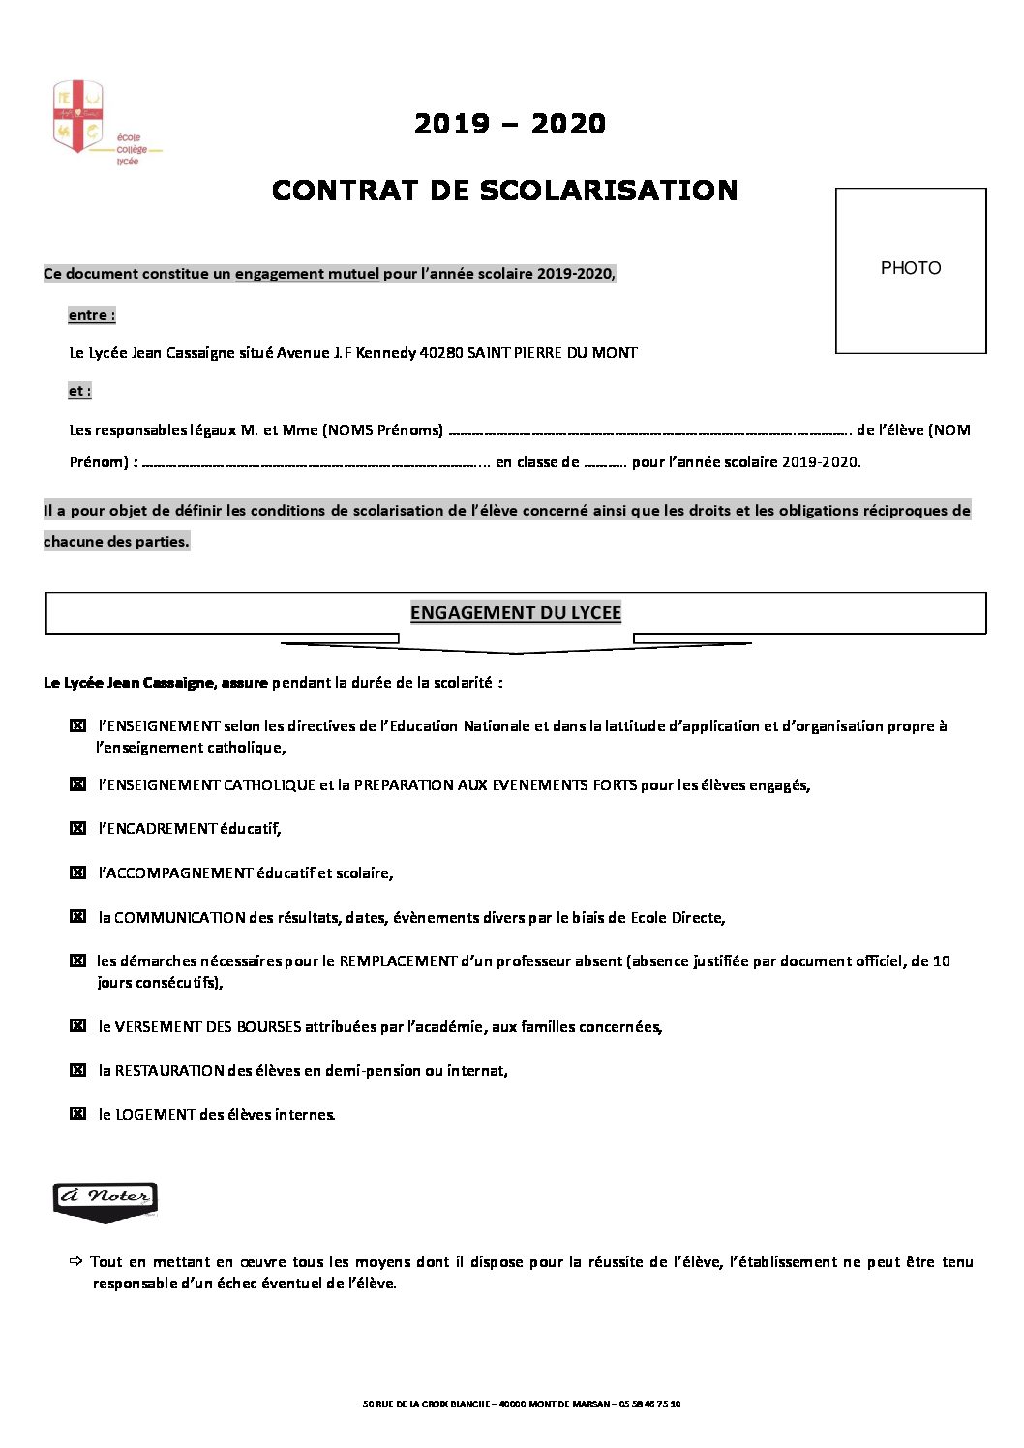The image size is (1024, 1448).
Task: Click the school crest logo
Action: pos(78,117)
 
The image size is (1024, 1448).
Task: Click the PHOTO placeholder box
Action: pos(910,270)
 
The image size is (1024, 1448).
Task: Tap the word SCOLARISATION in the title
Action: pos(608,191)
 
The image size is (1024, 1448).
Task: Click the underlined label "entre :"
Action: pos(92,315)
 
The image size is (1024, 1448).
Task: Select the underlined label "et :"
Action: pos(79,391)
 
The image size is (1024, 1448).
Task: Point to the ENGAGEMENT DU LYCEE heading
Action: pos(515,613)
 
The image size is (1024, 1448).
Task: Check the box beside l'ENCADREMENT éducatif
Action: pos(78,828)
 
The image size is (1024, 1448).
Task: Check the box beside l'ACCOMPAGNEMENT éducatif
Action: pos(78,872)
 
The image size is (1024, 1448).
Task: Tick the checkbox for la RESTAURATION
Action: pos(78,1070)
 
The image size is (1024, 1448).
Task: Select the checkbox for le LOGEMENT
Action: pos(78,1114)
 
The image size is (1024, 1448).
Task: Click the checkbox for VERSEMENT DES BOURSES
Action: pos(78,1026)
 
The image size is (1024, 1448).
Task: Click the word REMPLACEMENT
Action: pos(398,961)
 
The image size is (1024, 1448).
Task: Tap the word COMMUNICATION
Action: pos(180,917)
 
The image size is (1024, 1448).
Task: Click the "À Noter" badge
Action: pos(105,1199)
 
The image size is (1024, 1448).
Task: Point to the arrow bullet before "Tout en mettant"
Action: pos(76,1261)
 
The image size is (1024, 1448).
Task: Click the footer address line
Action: pos(521,1404)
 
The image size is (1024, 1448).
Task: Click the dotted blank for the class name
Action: pos(605,463)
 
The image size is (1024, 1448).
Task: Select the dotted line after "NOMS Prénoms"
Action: pos(648,431)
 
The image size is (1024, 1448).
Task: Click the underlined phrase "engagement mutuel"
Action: pos(307,274)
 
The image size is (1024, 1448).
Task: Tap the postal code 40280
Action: pos(440,353)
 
